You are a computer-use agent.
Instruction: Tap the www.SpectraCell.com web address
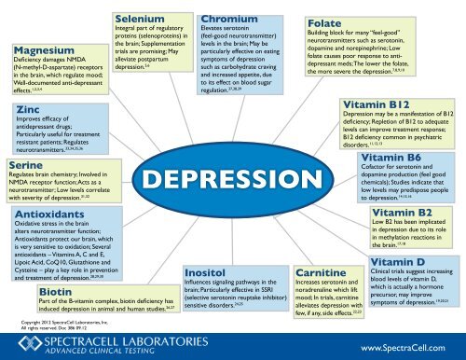[407, 344]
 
